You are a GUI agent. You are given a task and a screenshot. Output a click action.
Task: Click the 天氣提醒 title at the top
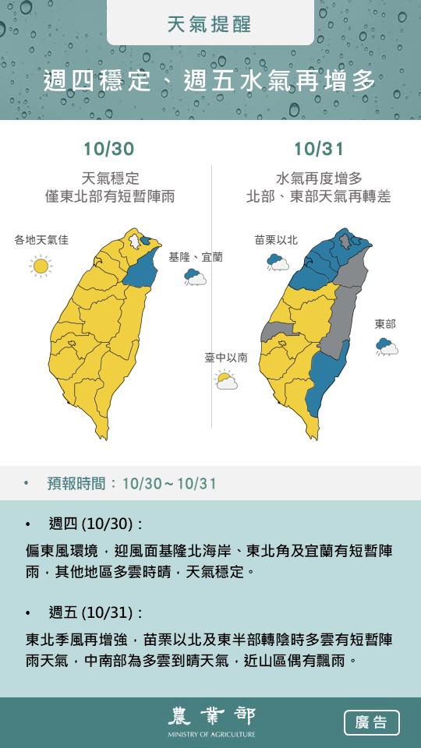[210, 24]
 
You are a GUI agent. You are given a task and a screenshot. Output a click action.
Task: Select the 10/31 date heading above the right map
[318, 148]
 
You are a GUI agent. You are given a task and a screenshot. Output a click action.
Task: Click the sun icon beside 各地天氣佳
[41, 266]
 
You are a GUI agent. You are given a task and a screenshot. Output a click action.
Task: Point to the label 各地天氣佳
[41, 240]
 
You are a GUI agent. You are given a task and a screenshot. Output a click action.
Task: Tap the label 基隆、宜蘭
[196, 256]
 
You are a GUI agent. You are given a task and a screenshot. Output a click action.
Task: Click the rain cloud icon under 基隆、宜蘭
[195, 277]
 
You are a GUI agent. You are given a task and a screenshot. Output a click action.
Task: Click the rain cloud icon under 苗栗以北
[278, 263]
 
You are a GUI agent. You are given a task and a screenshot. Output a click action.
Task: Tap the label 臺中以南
[226, 358]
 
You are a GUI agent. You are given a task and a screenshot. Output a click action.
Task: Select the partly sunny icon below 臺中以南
[226, 380]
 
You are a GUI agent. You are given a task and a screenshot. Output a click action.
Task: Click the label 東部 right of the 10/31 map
[385, 324]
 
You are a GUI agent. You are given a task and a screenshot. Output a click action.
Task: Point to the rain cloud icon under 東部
[386, 347]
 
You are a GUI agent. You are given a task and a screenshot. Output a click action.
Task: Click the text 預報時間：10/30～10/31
[132, 484]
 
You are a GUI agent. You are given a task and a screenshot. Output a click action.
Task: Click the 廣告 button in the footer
[371, 722]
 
